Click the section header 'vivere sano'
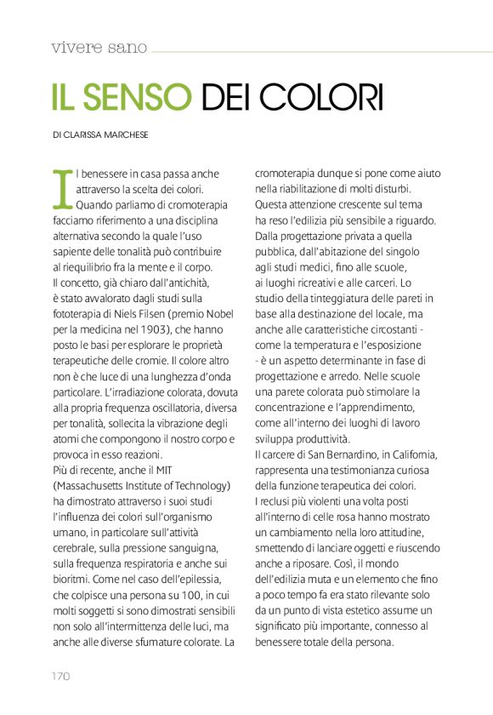click(x=99, y=47)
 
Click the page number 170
click(x=58, y=676)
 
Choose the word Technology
click(x=197, y=484)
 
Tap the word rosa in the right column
click(x=327, y=517)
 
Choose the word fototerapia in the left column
click(x=77, y=313)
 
